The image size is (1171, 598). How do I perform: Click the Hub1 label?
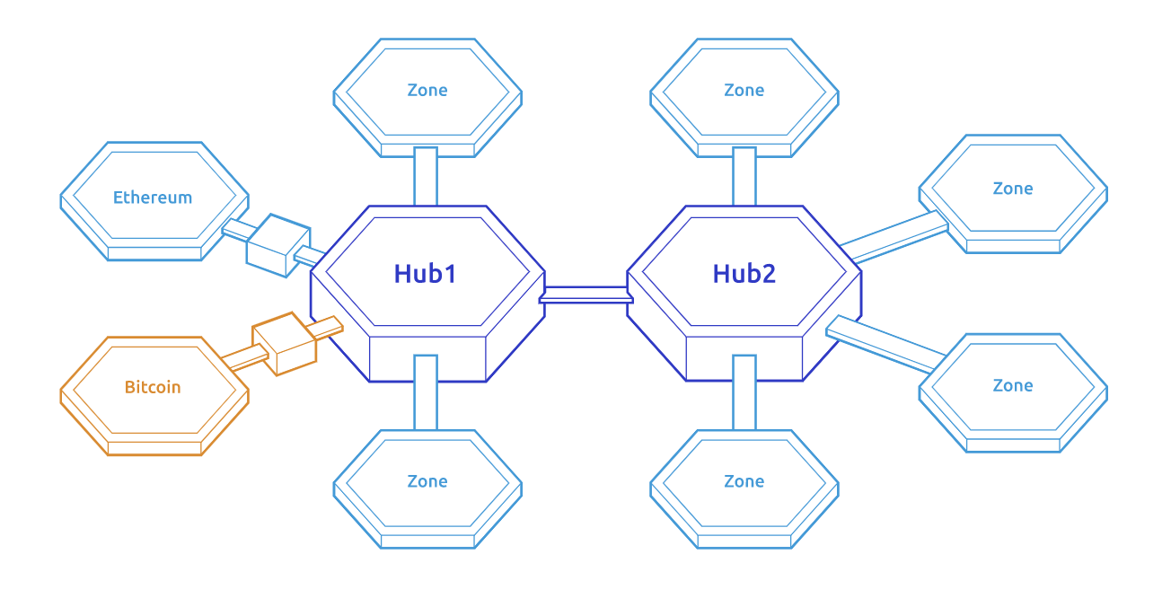click(425, 274)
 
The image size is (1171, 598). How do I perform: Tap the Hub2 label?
click(744, 274)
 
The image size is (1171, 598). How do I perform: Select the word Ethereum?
click(153, 198)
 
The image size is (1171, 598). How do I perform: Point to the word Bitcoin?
click(153, 388)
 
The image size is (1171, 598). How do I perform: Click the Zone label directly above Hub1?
click(427, 90)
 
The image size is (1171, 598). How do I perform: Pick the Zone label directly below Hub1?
click(427, 481)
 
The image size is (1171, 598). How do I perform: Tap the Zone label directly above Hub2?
click(744, 90)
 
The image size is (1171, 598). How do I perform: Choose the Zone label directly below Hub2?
click(744, 481)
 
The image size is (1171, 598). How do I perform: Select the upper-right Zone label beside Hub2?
click(1013, 189)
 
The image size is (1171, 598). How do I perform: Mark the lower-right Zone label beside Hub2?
click(1013, 385)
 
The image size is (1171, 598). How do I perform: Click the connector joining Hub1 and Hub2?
click(586, 295)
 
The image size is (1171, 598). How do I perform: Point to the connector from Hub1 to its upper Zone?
click(426, 176)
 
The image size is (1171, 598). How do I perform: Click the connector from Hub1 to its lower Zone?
click(426, 392)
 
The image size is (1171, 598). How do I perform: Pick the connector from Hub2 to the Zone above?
click(744, 176)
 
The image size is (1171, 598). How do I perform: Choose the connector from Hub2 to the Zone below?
click(744, 392)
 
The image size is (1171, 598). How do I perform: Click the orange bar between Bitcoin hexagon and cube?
click(244, 358)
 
